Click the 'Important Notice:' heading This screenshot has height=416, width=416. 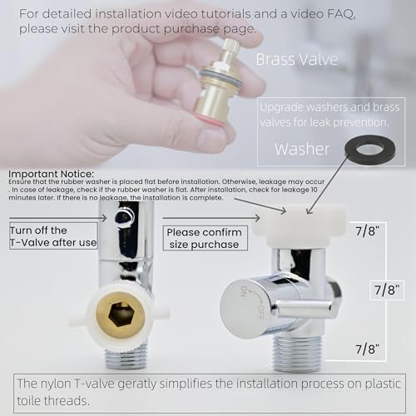tap(51, 175)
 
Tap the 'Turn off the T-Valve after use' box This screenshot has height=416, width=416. tap(53, 236)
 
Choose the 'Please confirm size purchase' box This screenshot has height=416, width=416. tap(202, 238)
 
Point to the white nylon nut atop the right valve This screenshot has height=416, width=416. tap(289, 230)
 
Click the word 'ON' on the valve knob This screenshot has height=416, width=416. tap(244, 291)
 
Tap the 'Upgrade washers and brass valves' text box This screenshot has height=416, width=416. tap(330, 116)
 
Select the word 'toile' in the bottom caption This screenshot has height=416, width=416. tap(38, 402)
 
